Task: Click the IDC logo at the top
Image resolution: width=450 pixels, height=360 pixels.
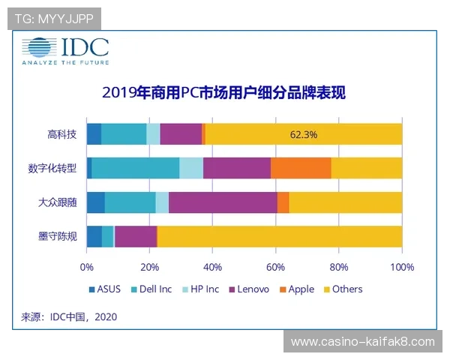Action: tap(65, 52)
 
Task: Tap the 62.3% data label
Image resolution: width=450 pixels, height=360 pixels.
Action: tap(303, 134)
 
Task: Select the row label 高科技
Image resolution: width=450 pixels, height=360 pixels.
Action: tap(61, 134)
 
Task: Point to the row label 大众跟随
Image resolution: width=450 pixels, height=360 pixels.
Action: tap(57, 202)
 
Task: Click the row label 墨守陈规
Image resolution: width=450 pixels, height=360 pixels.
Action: tap(57, 236)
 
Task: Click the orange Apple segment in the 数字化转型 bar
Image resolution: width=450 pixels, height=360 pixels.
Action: tap(300, 168)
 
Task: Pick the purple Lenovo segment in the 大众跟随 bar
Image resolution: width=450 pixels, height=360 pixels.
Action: tap(223, 202)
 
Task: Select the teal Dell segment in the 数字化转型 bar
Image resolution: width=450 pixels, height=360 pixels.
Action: tap(136, 168)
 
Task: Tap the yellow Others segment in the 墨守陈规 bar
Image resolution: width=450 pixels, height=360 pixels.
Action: tap(279, 236)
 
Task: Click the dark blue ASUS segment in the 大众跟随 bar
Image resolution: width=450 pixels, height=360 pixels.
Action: tap(95, 202)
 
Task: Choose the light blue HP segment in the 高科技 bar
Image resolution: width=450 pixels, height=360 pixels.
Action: tap(153, 134)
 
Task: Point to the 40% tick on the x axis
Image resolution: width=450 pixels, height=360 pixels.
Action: tap(213, 266)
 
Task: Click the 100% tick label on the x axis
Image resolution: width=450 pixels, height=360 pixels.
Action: tap(402, 266)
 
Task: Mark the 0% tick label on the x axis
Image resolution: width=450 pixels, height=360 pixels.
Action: tap(87, 266)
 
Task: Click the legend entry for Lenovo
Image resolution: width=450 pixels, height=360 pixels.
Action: tap(248, 289)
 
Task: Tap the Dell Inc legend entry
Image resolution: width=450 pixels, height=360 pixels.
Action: tap(151, 289)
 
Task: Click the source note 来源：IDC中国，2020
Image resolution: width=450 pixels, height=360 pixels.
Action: tap(69, 317)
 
